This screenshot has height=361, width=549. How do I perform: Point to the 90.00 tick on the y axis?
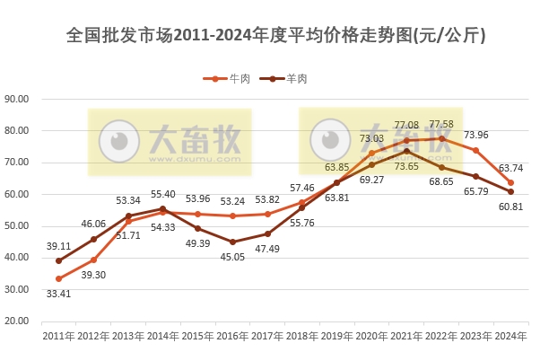click(18, 99)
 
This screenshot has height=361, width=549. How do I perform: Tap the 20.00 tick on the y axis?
click(18, 321)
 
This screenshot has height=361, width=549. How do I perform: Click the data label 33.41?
click(58, 293)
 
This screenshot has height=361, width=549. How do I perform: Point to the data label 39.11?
click(58, 246)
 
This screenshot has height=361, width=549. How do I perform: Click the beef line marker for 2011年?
click(58, 278)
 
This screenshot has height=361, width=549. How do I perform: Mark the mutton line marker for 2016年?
click(232, 242)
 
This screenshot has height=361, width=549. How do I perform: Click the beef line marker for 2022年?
click(441, 138)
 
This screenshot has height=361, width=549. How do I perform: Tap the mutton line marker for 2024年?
click(510, 191)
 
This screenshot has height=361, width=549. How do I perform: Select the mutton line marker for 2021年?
click(406, 151)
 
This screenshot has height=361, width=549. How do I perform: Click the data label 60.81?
click(510, 207)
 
